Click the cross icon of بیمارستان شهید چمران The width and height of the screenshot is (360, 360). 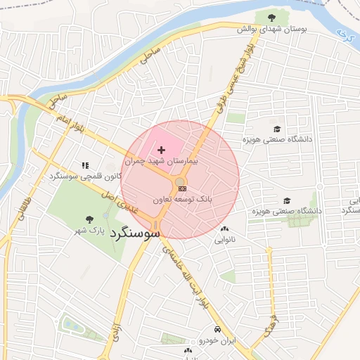click(x=162, y=150)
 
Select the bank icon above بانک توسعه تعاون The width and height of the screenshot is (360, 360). click(x=181, y=188)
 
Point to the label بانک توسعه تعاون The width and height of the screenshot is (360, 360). click(x=203, y=200)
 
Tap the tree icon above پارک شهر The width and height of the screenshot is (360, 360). click(x=89, y=219)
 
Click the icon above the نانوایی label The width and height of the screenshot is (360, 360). click(x=224, y=229)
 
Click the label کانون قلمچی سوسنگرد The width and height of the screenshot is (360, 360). click(x=84, y=175)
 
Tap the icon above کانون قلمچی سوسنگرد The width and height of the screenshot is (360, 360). click(x=85, y=165)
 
